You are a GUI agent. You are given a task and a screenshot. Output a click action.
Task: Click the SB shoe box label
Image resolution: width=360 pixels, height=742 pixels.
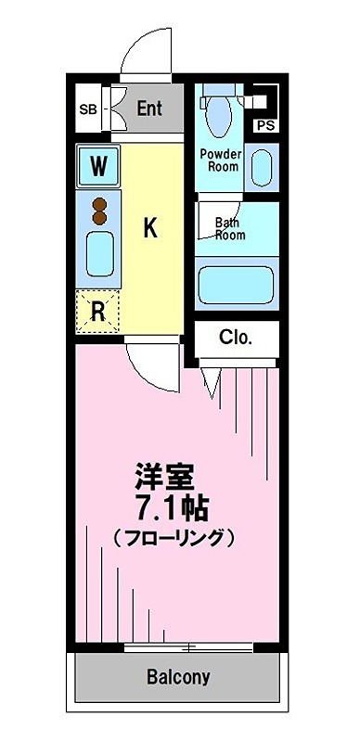coord(88,109)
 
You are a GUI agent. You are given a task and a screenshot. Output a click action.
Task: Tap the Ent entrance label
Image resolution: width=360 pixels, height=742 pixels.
coord(149,108)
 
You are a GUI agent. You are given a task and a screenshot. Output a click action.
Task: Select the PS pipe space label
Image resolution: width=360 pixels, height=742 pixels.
coord(265,124)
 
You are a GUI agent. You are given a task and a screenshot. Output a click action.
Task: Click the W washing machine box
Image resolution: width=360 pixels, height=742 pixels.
coord(97,168)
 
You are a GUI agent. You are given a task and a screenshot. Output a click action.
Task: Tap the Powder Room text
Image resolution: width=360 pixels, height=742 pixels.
coord(223,160)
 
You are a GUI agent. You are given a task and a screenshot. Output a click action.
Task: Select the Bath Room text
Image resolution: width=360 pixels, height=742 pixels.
coord(230,228)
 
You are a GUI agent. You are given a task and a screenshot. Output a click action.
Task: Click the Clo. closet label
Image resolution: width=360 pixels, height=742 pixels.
coord(236,338)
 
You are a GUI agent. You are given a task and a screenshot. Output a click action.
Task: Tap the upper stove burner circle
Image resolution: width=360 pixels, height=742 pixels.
coord(98,204)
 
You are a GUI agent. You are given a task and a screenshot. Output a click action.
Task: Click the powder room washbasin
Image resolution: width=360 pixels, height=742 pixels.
coord(264,165)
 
